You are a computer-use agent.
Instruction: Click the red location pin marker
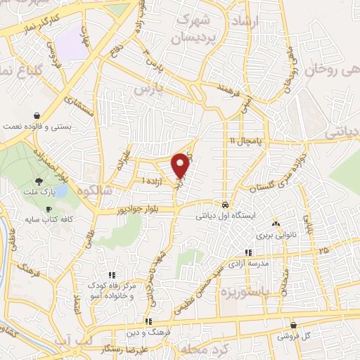pos(181,165)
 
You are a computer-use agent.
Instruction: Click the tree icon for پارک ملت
pos(49,182)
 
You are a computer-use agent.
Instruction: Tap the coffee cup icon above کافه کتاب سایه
pos(49,210)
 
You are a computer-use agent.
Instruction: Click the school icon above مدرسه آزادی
pos(247,252)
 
